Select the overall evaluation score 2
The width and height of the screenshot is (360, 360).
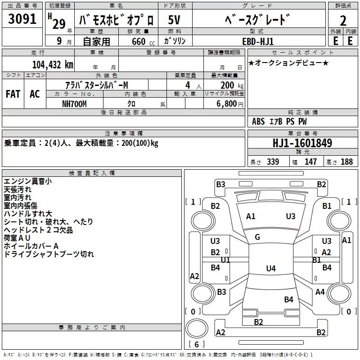(x=343, y=21)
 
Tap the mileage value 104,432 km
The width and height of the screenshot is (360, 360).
(x=53, y=64)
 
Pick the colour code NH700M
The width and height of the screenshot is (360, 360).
(x=75, y=103)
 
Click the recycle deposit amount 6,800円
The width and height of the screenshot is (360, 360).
(x=229, y=103)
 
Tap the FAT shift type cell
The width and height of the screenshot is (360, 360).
(x=13, y=94)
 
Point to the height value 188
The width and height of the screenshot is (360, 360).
(x=346, y=162)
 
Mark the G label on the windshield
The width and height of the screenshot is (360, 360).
(x=257, y=237)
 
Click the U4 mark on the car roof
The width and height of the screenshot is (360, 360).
(x=270, y=269)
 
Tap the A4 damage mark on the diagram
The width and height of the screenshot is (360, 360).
(x=320, y=292)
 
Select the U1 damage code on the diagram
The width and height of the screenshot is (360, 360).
(x=225, y=260)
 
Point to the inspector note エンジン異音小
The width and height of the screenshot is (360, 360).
(x=27, y=181)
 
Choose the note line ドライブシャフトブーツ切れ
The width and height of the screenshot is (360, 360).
(x=49, y=254)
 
